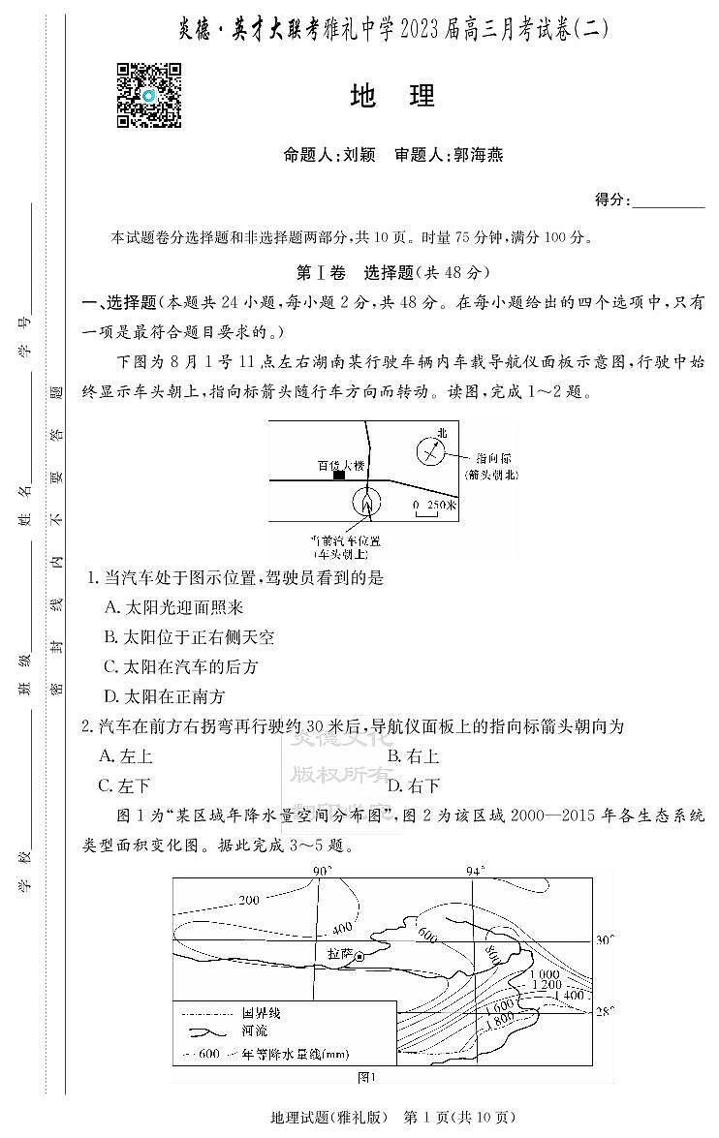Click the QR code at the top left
149,95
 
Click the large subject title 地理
392,96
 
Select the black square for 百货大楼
339,475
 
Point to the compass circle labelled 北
430,450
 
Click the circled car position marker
366,502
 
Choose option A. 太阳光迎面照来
173,607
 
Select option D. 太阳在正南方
164,695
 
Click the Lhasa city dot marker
359,956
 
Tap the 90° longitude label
321,871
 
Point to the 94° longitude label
474,871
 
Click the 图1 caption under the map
366,1076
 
